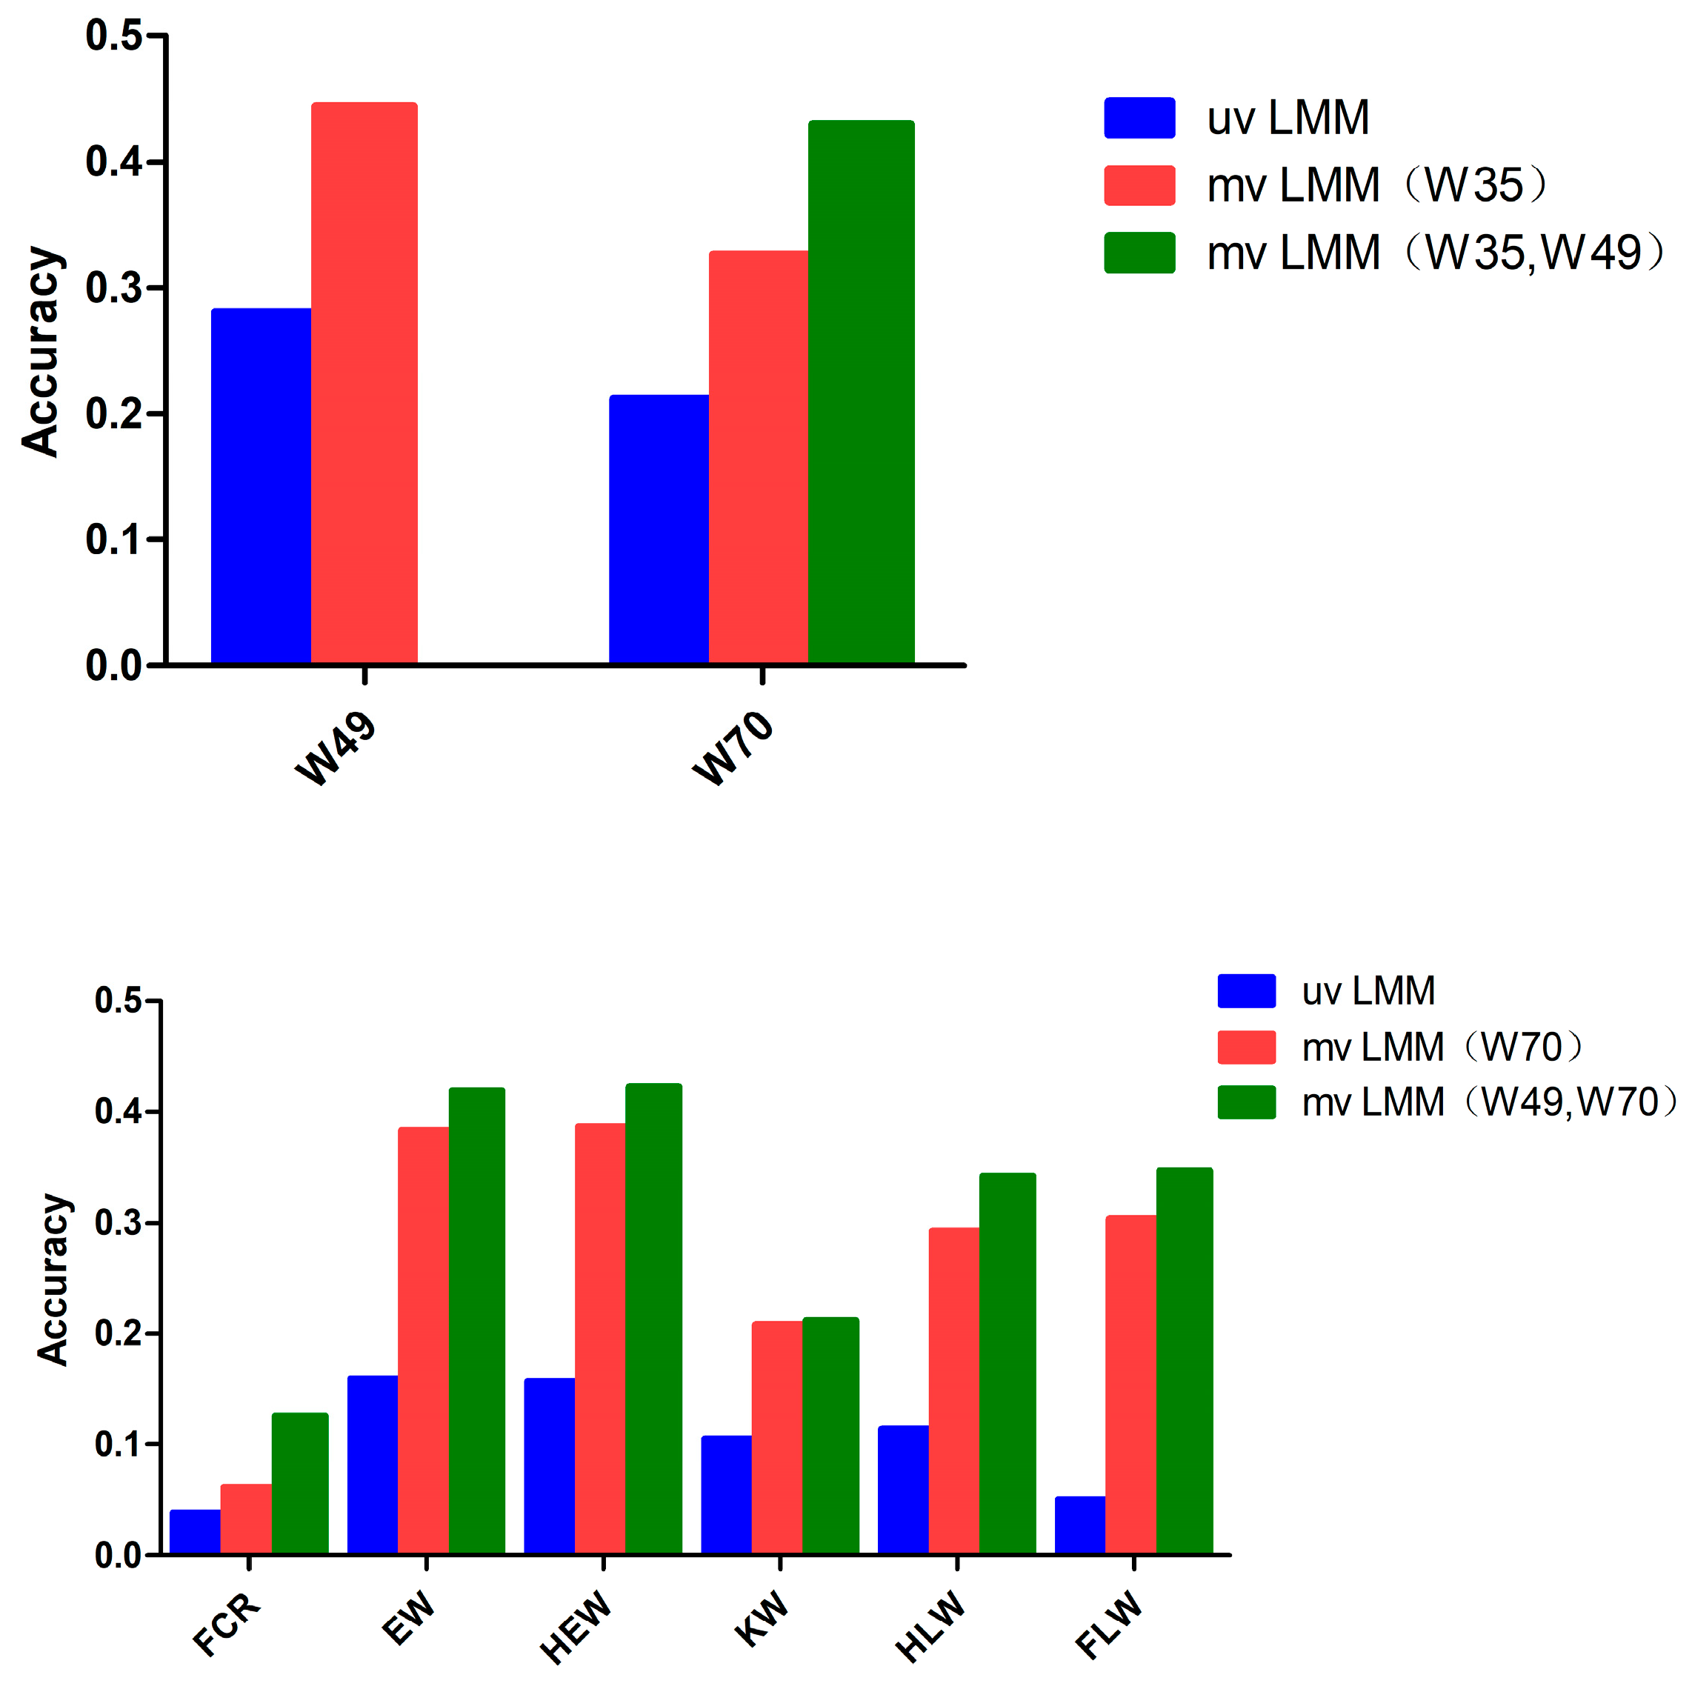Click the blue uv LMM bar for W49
[x=261, y=486]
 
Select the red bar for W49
[x=364, y=383]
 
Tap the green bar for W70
[x=861, y=391]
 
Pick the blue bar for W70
[x=659, y=529]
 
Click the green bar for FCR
[x=299, y=1483]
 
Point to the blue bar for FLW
[x=1080, y=1525]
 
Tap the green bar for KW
[x=830, y=1436]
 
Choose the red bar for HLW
[x=953, y=1390]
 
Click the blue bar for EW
[x=372, y=1465]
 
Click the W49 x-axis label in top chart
[x=336, y=750]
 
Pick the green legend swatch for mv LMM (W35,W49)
[x=1139, y=253]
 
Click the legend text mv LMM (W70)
[x=1441, y=1047]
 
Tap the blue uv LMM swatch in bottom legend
[x=1246, y=991]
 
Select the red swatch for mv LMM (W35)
[x=1139, y=186]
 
